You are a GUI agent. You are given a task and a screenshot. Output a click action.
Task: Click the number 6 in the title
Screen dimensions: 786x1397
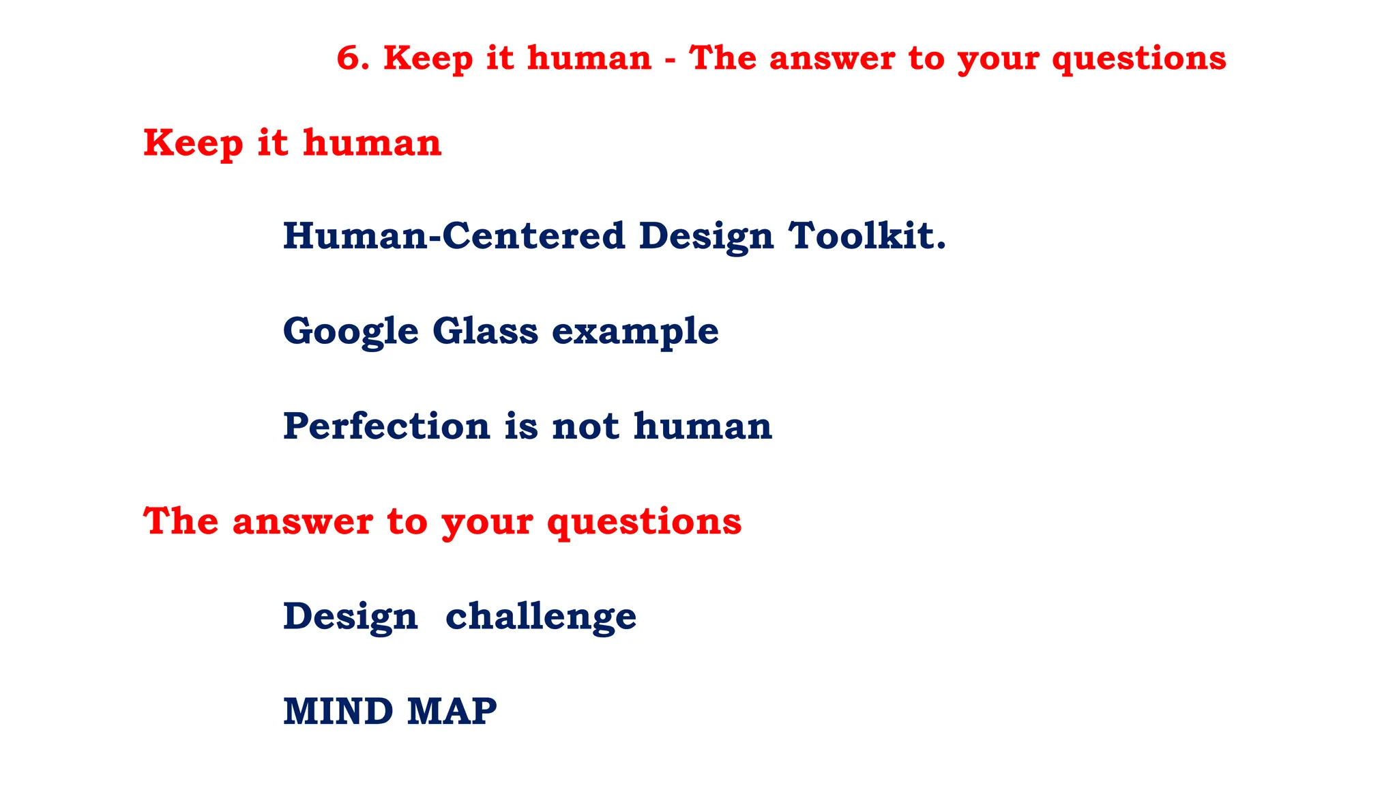coord(349,58)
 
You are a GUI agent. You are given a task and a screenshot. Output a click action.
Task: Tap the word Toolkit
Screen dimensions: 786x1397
coord(867,235)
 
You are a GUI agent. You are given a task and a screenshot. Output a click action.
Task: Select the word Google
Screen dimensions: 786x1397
coord(351,332)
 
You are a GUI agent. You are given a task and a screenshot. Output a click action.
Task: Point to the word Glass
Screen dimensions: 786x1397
coord(485,331)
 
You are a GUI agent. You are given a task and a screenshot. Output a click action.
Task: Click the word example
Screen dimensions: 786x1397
coord(635,332)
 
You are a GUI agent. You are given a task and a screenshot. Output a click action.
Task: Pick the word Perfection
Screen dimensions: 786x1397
coord(387,426)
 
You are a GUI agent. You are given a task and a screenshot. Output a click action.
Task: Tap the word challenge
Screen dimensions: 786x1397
coord(541,617)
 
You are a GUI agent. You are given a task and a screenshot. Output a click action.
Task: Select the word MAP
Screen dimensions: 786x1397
coord(452,711)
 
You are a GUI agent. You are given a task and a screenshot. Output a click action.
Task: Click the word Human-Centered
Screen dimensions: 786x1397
coord(454,235)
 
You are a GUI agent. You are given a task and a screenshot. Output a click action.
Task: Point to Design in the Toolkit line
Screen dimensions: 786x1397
coord(706,237)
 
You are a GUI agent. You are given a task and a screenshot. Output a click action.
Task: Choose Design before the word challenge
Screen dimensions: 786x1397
coord(350,617)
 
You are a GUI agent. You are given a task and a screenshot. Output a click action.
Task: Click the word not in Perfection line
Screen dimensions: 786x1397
coord(585,426)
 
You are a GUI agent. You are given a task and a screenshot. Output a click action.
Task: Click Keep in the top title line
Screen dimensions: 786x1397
coord(427,58)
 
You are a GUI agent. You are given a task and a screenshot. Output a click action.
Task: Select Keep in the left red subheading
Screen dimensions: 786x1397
coord(193,144)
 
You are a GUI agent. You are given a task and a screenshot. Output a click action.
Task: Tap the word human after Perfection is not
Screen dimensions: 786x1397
coord(703,426)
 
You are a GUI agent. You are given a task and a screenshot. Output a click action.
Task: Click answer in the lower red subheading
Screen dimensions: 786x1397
coord(302,522)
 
